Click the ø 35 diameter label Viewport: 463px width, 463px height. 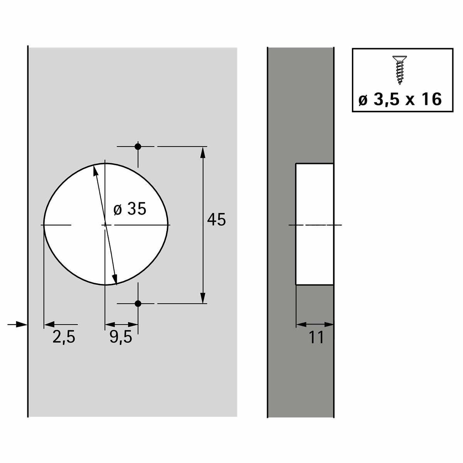pos(130,209)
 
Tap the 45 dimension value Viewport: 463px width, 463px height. pos(216,220)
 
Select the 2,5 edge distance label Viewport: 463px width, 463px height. pos(64,337)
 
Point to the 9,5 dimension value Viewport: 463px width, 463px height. pos(121,337)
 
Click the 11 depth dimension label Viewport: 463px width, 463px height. pos(316,337)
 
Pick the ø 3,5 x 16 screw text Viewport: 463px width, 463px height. pos(400,99)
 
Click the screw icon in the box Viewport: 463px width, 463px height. pos(400,70)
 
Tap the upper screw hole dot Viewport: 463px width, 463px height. pos(138,147)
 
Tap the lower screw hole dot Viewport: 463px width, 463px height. pos(138,304)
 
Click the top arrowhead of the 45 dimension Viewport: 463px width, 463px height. pos(203,152)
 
